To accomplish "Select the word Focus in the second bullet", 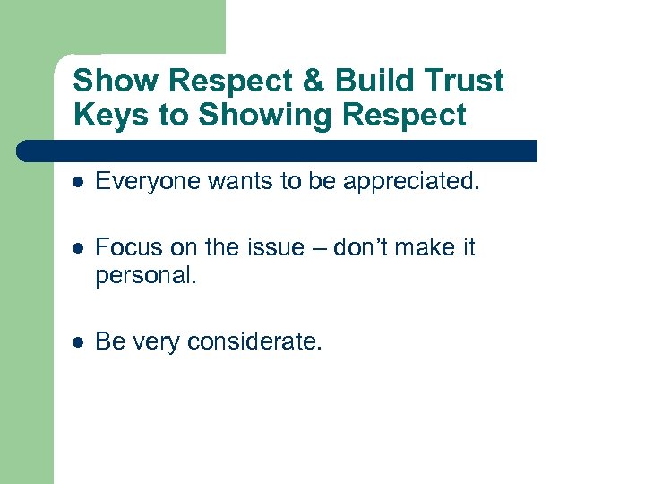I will tap(124, 247).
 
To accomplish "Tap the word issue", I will tap(277, 247).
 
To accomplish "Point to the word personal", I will tap(142, 274).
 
